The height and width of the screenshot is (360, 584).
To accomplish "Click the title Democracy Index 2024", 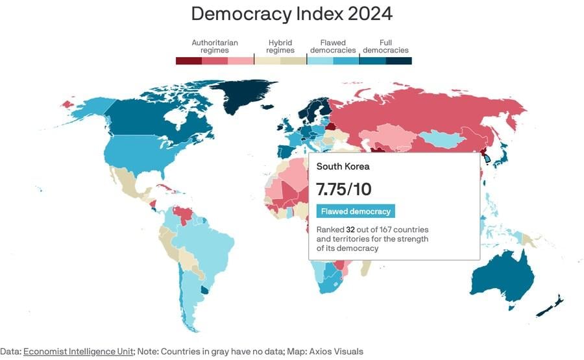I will click(x=291, y=14).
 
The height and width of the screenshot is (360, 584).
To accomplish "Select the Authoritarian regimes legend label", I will click(x=214, y=46).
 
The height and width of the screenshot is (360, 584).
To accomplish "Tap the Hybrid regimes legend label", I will click(x=280, y=46).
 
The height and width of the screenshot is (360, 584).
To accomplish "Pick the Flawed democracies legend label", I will click(x=332, y=46).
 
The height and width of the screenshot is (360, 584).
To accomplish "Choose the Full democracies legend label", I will click(x=385, y=46).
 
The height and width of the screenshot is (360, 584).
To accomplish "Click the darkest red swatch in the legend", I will click(x=188, y=61).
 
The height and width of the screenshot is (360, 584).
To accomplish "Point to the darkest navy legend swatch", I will click(x=398, y=61).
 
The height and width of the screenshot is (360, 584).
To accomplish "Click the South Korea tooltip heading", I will click(x=343, y=167).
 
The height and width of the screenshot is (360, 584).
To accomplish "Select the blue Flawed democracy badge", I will click(x=356, y=211).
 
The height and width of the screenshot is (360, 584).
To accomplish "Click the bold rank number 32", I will click(x=350, y=230).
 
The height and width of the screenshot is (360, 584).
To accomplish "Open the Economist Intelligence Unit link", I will click(x=79, y=352).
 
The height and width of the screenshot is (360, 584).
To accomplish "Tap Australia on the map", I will click(x=500, y=279).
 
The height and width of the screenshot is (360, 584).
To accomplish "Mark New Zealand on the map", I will click(x=552, y=306).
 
